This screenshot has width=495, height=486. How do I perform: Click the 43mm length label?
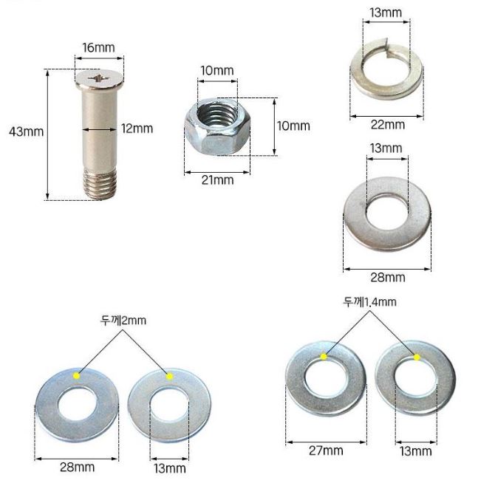click(x=26, y=131)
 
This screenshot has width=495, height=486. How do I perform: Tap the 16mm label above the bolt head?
click(x=98, y=48)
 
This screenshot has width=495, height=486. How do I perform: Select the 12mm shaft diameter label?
click(x=137, y=129)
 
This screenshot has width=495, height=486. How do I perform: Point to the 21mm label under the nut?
click(x=217, y=180)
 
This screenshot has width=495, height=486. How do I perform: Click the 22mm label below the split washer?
click(x=388, y=125)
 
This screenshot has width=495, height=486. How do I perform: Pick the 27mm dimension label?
click(x=326, y=451)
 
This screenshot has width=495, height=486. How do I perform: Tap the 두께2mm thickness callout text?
click(x=123, y=321)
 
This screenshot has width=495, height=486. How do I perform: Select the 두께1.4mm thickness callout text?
click(x=369, y=302)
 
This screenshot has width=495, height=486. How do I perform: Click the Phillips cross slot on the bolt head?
click(x=98, y=78)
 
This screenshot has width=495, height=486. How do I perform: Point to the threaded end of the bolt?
click(x=100, y=184)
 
